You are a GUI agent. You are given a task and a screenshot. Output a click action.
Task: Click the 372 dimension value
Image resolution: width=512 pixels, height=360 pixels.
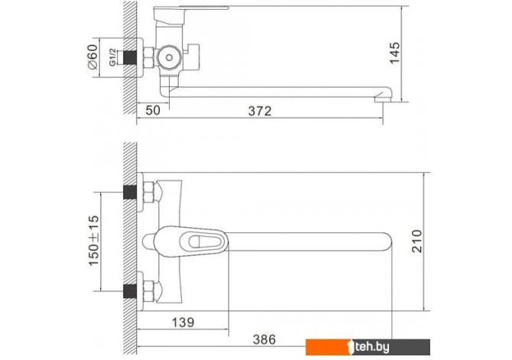click(x=260, y=111)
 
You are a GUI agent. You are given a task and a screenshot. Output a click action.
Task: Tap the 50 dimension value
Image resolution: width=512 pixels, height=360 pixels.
click(x=153, y=110)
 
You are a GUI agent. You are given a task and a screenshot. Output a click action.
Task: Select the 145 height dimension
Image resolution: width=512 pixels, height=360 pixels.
click(x=394, y=53)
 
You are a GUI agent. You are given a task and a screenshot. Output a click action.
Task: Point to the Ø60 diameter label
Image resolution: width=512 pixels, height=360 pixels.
click(x=93, y=57)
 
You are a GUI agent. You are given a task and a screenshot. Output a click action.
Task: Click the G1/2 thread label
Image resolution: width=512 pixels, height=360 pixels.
click(x=112, y=57)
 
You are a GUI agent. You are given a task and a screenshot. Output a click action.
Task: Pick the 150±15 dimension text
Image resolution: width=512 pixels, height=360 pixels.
click(x=94, y=241)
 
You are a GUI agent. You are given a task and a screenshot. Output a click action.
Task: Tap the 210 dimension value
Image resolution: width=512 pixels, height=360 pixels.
click(x=416, y=241)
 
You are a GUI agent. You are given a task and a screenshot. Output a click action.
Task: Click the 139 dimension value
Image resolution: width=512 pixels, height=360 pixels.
click(x=183, y=323)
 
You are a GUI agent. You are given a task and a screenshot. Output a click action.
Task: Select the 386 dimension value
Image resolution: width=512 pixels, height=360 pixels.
click(x=264, y=339)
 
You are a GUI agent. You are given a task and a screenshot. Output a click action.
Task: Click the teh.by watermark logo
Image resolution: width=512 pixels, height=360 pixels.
click(x=368, y=347)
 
